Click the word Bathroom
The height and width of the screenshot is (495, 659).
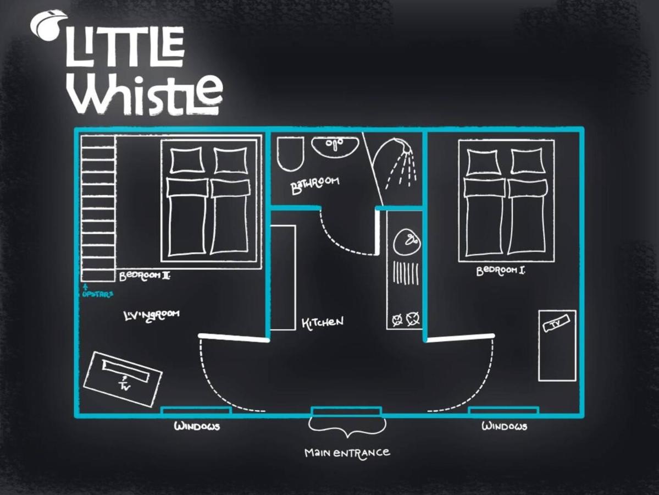(x=315, y=185)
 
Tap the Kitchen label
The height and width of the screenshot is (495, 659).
(x=323, y=322)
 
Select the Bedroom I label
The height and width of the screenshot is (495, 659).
(x=501, y=271)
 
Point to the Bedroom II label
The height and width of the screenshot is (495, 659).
(x=145, y=276)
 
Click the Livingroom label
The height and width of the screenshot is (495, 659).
(x=152, y=316)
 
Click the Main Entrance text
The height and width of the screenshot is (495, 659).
(x=347, y=453)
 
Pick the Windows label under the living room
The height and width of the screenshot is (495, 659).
(x=197, y=426)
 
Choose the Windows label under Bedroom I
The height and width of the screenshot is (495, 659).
(x=505, y=426)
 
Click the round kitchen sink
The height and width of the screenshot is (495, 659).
(x=406, y=241)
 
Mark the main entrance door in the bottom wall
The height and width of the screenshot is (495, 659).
(x=346, y=411)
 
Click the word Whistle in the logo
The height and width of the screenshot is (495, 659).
(x=146, y=95)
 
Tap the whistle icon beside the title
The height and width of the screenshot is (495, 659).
(x=47, y=25)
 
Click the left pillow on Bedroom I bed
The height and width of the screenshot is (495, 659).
(x=483, y=162)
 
